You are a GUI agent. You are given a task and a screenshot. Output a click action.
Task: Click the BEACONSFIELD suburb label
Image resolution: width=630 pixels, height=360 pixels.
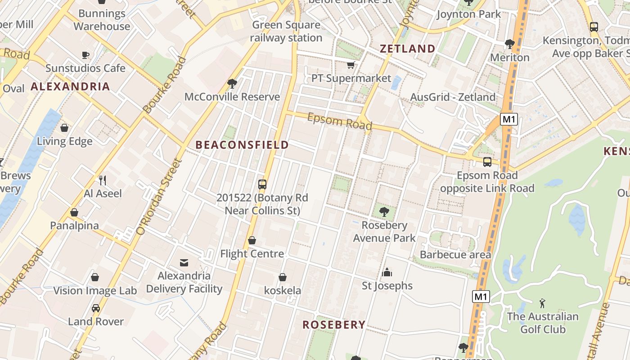pos(242,145)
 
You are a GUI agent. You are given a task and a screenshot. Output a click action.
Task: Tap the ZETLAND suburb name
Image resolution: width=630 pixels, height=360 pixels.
pos(408,49)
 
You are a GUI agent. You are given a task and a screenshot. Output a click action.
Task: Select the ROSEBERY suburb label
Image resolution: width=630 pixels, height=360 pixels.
pos(334,325)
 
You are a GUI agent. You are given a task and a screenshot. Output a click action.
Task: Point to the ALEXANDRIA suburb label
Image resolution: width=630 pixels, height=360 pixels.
pos(70,86)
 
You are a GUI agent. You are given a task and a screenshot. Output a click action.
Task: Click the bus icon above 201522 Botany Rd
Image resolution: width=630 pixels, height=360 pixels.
pos(262,184)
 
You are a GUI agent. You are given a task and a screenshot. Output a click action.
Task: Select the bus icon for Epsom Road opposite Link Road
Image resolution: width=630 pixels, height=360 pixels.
pos(487,162)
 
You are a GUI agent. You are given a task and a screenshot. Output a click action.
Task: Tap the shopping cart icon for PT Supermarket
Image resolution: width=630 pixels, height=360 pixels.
pos(351,65)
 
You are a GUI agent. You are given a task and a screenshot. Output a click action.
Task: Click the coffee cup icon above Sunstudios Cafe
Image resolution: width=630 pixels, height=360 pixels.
pos(85,55)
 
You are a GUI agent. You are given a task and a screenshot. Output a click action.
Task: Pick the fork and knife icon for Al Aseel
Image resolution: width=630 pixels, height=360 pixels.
pos(103,180)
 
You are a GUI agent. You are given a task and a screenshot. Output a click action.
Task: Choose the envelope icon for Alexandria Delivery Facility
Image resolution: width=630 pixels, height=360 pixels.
pos(184,262)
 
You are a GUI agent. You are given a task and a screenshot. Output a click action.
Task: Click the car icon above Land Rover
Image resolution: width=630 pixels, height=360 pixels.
pos(95,308)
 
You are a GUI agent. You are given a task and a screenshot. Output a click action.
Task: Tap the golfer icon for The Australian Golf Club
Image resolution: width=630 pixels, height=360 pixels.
pos(542,303)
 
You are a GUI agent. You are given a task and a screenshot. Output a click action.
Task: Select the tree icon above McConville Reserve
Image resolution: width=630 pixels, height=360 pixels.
pos(232,83)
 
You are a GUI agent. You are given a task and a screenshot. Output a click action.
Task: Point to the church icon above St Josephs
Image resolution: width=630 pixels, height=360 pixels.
pos(387,272)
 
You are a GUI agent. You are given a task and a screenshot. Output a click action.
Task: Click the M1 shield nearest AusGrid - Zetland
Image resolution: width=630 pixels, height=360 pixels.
pos(508,119)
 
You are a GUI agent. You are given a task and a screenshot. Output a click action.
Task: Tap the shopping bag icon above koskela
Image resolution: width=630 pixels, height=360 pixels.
pos(283,277)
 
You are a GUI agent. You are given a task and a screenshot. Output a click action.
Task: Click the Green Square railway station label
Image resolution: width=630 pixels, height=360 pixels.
pos(286,31)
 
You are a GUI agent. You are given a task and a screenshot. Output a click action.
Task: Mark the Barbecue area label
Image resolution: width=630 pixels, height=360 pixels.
pos(455,255)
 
